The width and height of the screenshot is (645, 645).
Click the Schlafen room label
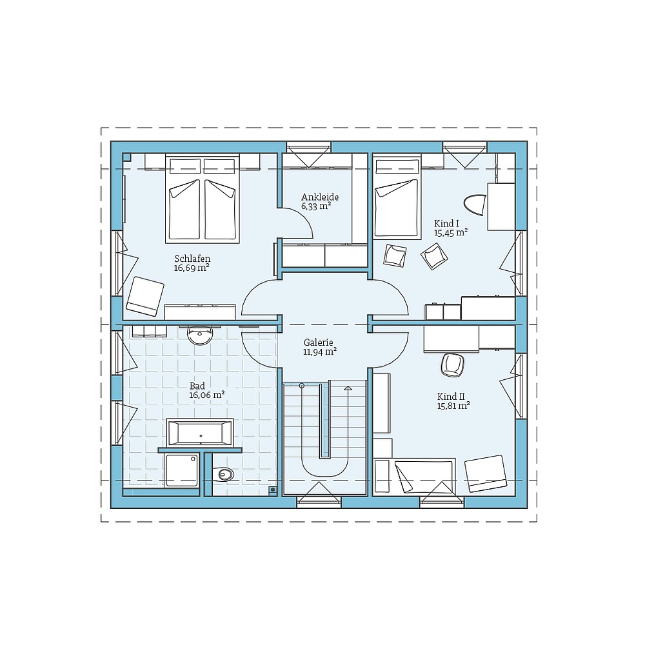tap(192, 258)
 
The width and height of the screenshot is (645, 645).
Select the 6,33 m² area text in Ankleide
tap(316, 207)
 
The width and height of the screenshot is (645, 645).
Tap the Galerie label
tap(319, 342)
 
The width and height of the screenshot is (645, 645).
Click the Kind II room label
tap(450, 396)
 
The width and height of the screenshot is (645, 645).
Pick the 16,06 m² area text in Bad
tap(206, 395)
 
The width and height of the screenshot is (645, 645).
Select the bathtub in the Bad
tap(200, 432)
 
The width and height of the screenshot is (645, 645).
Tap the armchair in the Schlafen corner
tap(144, 296)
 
